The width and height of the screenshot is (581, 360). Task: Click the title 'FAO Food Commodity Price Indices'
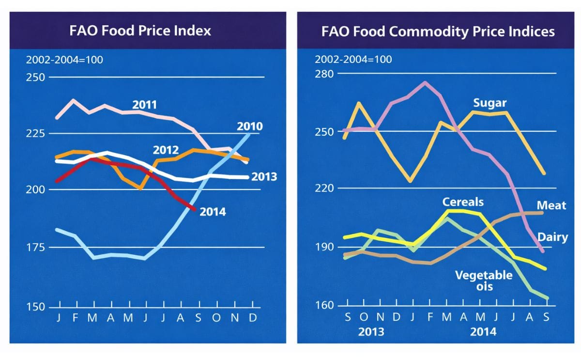438,31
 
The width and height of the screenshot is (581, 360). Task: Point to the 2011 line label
145,105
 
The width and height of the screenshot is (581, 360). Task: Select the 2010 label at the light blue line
250,127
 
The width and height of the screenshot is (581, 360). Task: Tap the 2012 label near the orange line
166,150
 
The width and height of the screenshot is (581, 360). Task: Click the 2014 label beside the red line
213,212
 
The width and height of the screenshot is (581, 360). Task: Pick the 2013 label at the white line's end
264,177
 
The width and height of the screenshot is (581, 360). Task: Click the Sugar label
489,103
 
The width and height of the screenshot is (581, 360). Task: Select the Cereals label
462,202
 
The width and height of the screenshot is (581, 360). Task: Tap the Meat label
551,206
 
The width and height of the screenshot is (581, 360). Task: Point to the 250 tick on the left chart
35,78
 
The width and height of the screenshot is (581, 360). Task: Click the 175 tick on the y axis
35,248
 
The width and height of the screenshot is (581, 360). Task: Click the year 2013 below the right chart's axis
371,332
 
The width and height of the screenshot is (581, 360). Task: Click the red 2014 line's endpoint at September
195,210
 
